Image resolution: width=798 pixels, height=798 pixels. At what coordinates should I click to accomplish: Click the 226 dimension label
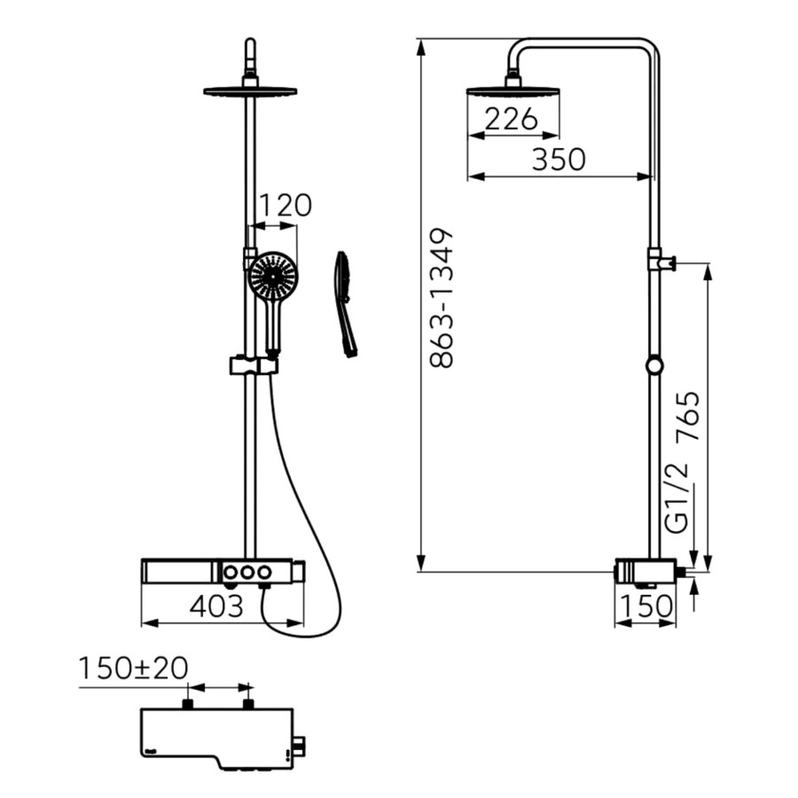tap(511, 119)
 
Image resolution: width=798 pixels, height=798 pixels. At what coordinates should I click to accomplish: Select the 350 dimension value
tap(558, 160)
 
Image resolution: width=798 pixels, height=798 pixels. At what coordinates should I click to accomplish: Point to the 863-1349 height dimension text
tap(441, 298)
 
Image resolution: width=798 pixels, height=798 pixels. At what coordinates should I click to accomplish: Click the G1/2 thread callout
tap(677, 497)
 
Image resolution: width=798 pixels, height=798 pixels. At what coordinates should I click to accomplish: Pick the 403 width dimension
tap(216, 606)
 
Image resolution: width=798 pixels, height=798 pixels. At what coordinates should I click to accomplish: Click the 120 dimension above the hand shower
tap(286, 204)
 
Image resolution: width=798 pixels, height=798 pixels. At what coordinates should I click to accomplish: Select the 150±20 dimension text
tap(133, 668)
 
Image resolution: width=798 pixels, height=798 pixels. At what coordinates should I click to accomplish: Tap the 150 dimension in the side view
tap(646, 606)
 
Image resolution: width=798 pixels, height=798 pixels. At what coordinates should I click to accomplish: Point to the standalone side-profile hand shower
tap(345, 304)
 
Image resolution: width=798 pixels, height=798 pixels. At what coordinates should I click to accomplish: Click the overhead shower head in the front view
tap(250, 91)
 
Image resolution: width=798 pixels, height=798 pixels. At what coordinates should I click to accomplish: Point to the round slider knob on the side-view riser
tap(654, 366)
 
